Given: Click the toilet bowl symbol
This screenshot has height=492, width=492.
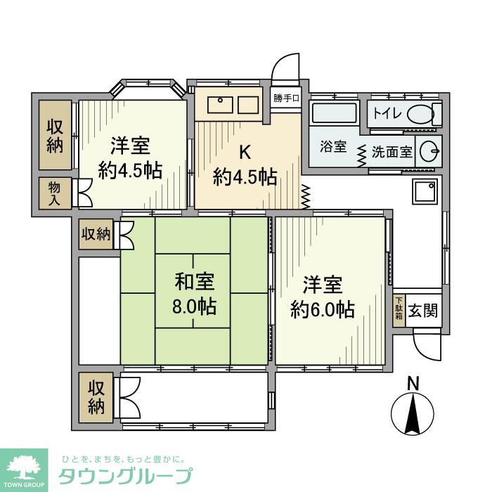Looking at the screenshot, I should pos(421,113).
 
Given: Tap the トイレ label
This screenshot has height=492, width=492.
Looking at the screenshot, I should pos(385,113).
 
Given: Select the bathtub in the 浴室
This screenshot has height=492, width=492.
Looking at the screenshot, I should pos(333,113).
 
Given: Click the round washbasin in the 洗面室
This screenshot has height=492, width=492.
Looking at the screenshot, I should pos(428,150).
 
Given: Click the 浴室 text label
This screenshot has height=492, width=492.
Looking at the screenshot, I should pos(333,148).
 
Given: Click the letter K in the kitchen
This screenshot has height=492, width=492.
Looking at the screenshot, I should pos(245,152).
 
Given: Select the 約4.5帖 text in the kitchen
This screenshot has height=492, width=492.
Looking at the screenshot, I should pos(245,178).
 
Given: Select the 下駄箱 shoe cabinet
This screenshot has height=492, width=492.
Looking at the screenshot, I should pos(399,310).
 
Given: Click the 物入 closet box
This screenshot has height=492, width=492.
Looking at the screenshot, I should pos(55,193).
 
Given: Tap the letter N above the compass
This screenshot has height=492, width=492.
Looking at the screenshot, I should pos(414,384).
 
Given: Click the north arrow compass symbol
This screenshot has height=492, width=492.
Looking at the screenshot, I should pos(414,415).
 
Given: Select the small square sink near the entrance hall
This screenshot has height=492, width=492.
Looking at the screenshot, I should pos(425,191).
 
